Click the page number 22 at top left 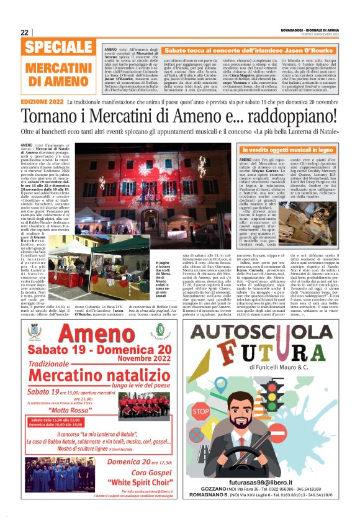tap(24, 32)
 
